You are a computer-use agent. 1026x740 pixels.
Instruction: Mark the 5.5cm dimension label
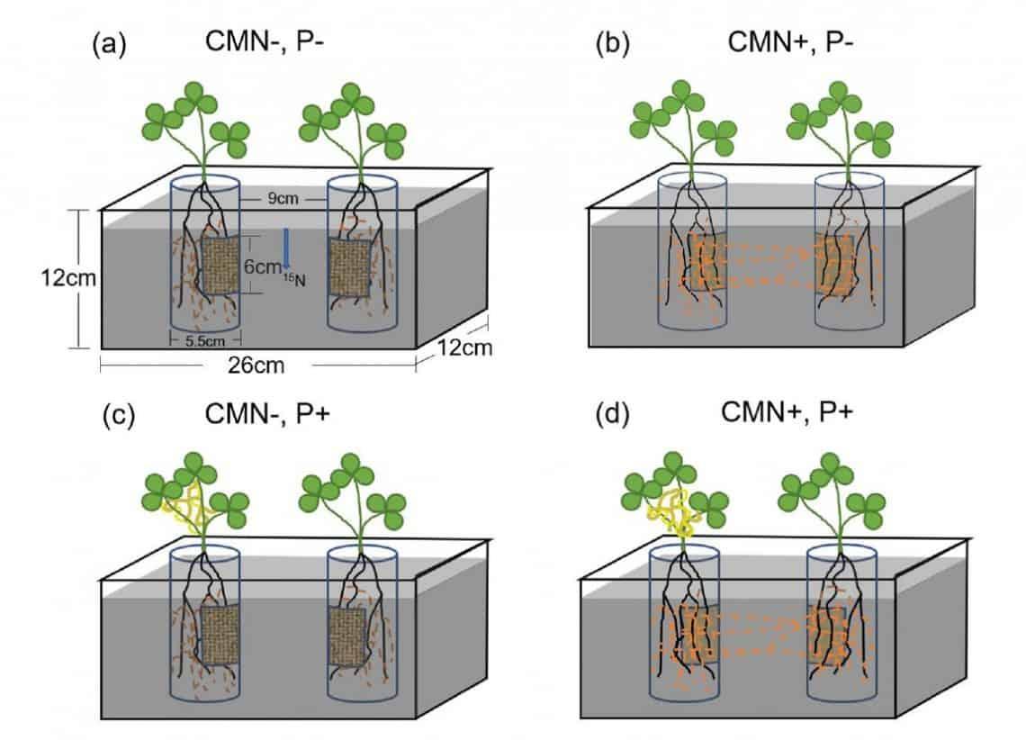tap(203, 339)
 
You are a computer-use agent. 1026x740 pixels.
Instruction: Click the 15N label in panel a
tap(295, 281)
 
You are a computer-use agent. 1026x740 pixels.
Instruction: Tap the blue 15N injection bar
tap(285, 248)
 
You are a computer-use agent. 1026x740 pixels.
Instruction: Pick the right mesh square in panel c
tap(346, 636)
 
